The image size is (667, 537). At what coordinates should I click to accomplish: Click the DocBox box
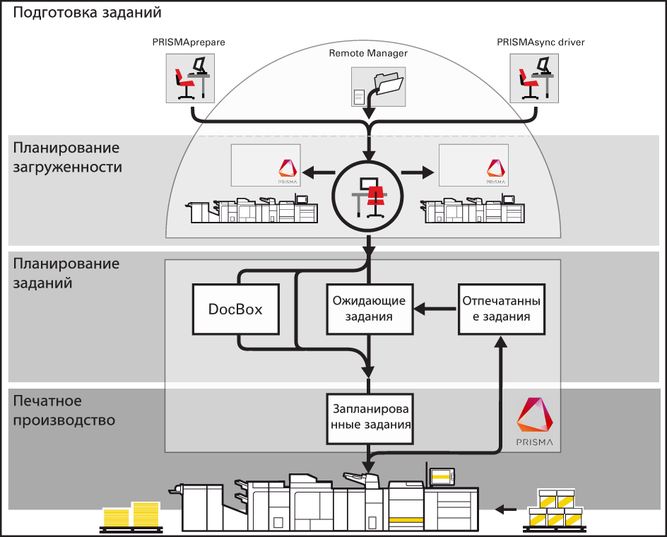[x=236, y=309]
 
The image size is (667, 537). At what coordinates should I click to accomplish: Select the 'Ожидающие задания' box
[x=369, y=309]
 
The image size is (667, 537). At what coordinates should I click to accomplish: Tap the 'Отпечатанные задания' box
[x=502, y=309]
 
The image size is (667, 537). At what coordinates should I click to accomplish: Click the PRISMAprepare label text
[x=188, y=43]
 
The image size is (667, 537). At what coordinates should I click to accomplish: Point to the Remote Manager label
[x=368, y=53]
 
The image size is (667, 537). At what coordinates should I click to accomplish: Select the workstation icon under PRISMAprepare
[x=189, y=77]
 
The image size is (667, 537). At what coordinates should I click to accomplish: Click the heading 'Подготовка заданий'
[x=88, y=12]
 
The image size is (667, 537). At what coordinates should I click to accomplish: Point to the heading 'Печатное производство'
[x=64, y=411]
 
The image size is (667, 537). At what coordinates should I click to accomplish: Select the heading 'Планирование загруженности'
[x=67, y=158]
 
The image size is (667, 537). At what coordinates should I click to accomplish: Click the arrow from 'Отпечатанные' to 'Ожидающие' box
[x=435, y=308]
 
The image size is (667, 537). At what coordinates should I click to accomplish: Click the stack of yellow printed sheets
[x=131, y=515]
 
